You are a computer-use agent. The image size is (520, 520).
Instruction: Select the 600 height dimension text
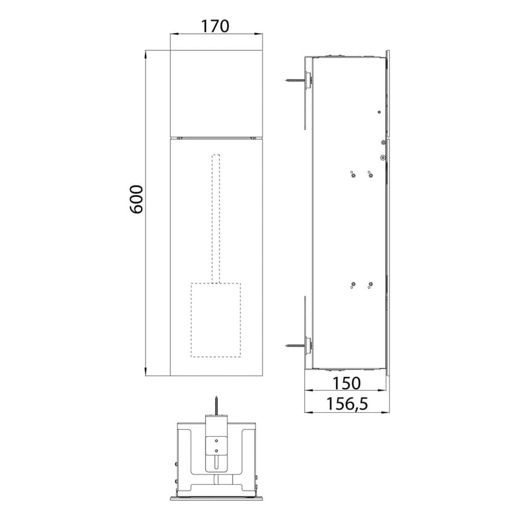click(135, 199)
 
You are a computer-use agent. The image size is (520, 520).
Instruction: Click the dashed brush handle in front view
click(216, 218)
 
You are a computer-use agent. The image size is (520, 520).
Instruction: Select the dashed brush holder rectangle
click(216, 320)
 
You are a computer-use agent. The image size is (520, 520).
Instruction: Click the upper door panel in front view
click(214, 92)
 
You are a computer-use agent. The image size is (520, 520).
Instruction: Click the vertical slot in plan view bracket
click(216, 462)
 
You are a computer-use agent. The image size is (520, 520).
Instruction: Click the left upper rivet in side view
click(352, 174)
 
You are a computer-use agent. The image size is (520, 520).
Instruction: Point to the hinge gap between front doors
click(214, 137)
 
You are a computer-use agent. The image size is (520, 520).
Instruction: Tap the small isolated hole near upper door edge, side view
click(380, 112)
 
